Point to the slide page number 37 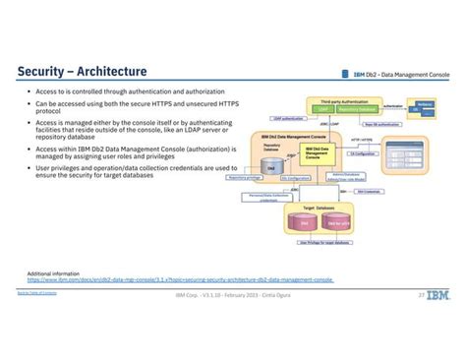coord(422,294)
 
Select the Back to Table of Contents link coord(35,293)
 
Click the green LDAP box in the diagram coord(323,110)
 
